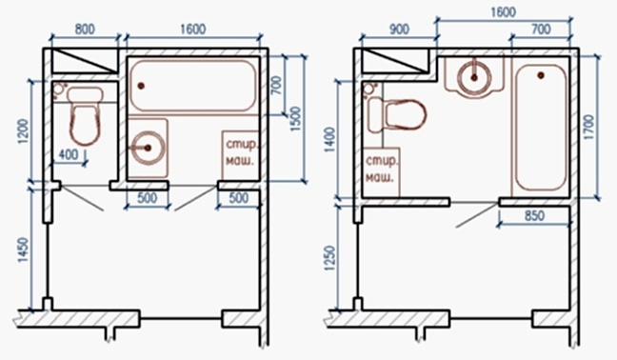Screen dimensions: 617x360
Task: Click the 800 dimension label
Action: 85,30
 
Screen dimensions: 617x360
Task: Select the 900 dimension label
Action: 399,30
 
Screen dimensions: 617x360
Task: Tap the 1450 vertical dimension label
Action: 24,250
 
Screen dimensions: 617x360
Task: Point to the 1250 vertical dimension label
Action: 330,258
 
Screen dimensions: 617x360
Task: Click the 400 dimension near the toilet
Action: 68,154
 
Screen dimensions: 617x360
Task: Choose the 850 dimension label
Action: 534,215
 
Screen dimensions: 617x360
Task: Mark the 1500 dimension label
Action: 295,119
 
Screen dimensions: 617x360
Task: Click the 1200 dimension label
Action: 24,131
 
